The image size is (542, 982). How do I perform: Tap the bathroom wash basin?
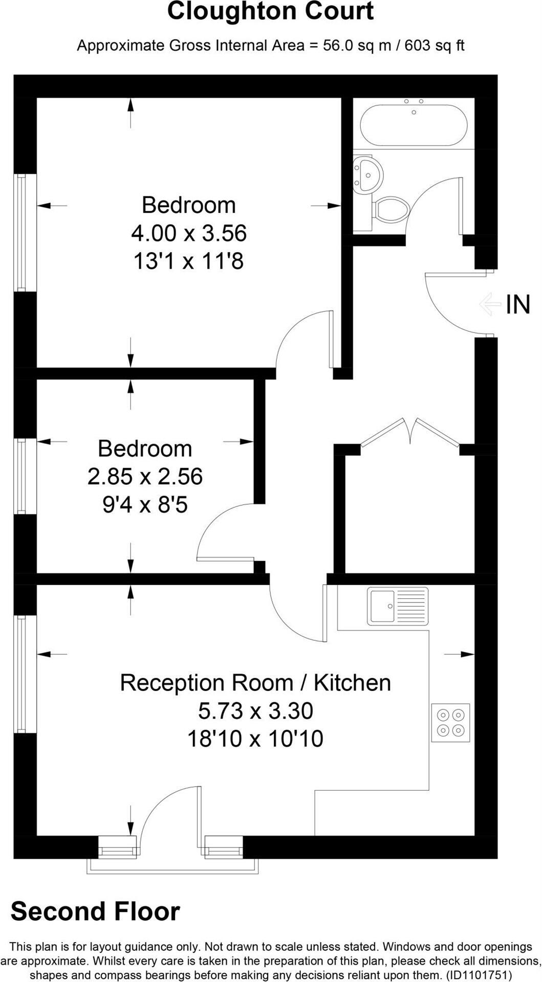pyautogui.click(x=367, y=174)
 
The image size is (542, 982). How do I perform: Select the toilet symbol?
pyautogui.click(x=392, y=210)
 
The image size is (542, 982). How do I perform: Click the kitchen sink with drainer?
pyautogui.click(x=398, y=607)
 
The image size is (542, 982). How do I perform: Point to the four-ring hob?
pyautogui.click(x=450, y=722)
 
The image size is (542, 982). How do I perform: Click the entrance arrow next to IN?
pyautogui.click(x=490, y=304)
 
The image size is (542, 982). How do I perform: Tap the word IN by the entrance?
pyautogui.click(x=518, y=305)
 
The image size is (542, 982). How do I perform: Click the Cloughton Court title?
pyautogui.click(x=270, y=11)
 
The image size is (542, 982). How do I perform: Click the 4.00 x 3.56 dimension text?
pyautogui.click(x=189, y=233)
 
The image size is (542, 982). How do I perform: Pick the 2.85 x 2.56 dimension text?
pyautogui.click(x=145, y=477)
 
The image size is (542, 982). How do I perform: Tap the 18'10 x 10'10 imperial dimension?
pyautogui.click(x=255, y=739)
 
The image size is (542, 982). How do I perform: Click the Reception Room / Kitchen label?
pyautogui.click(x=255, y=683)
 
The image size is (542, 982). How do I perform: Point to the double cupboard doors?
pyautogui.click(x=410, y=432)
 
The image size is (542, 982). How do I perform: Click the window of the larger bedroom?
pyautogui.click(x=21, y=233)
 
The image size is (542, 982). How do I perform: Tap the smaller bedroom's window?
pyautogui.click(x=21, y=476)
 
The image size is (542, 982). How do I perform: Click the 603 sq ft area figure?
pyautogui.click(x=435, y=46)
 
